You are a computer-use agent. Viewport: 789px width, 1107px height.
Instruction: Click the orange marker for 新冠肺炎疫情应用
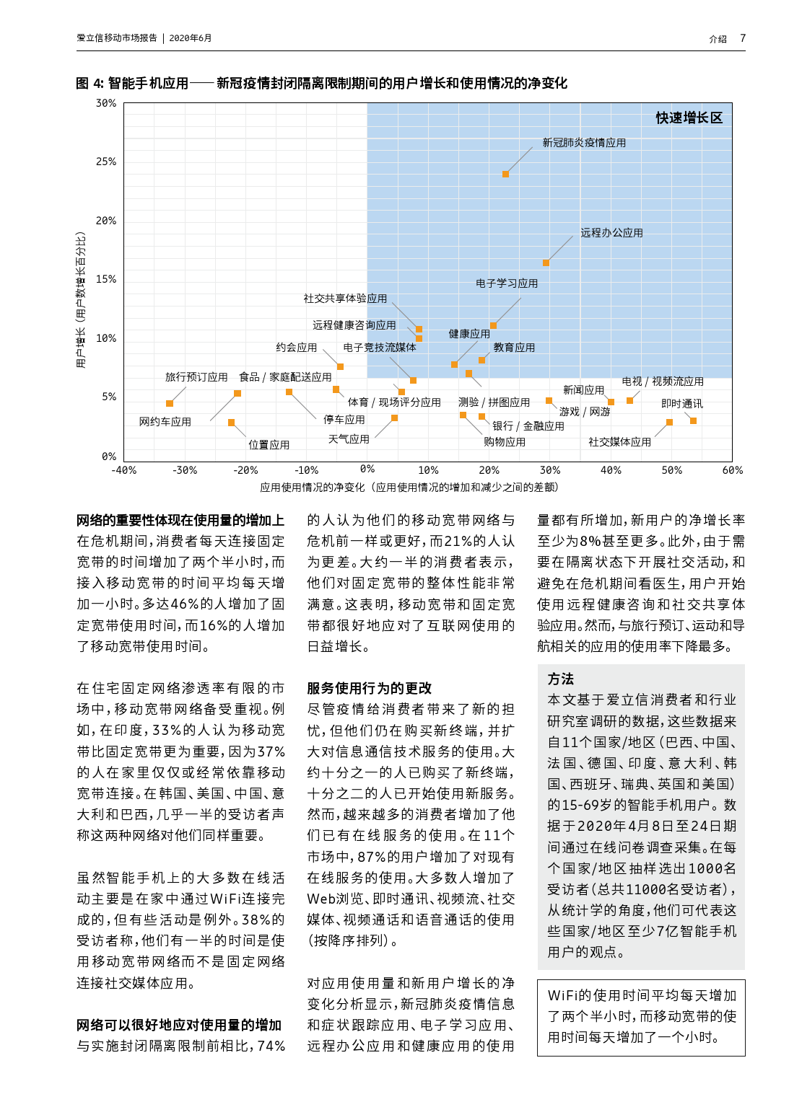click(x=505, y=174)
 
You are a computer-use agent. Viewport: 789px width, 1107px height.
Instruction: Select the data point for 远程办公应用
click(x=546, y=263)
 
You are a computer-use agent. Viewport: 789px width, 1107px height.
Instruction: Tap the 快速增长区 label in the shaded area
click(x=689, y=118)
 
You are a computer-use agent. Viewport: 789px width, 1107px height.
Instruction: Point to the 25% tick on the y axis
click(x=106, y=162)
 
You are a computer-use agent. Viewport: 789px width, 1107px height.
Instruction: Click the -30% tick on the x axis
click(x=185, y=470)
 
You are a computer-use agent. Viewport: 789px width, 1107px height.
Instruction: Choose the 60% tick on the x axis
click(x=732, y=470)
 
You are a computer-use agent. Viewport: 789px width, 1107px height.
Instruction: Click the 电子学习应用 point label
click(x=507, y=283)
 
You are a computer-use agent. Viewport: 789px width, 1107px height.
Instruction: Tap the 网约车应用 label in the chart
click(x=165, y=422)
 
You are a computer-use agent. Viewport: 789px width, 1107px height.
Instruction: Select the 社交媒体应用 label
click(x=619, y=442)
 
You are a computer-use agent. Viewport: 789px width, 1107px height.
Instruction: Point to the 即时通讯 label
click(x=681, y=404)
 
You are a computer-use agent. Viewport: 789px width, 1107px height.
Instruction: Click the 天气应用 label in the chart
click(x=349, y=439)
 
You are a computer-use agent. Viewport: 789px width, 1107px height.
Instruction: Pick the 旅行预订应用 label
click(x=196, y=377)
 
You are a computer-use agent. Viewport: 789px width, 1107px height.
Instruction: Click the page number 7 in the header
click(x=743, y=38)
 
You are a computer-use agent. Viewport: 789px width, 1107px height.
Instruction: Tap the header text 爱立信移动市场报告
click(x=117, y=38)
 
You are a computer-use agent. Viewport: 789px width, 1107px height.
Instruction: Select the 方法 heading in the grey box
click(x=561, y=679)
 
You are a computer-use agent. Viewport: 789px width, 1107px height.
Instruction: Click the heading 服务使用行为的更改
click(x=369, y=688)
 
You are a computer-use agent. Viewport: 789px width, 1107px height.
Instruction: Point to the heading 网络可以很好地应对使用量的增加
click(x=179, y=1025)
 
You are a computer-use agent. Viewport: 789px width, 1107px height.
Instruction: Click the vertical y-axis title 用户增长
click(x=81, y=299)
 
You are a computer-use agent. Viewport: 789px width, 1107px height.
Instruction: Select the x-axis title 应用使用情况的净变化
click(x=409, y=488)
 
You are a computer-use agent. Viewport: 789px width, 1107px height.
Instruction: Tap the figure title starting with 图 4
click(x=321, y=84)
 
